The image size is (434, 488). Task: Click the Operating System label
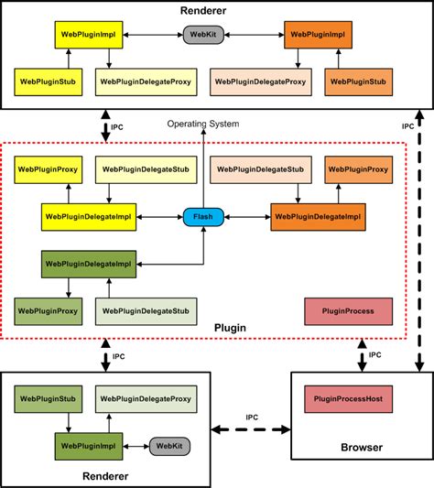point(203,124)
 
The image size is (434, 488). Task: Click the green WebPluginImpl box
point(89,446)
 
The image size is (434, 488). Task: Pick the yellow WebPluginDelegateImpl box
point(89,217)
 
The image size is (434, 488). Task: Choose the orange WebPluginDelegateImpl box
point(316,217)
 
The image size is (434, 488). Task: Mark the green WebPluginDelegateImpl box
point(89,264)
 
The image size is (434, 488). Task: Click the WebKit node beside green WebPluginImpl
point(169,446)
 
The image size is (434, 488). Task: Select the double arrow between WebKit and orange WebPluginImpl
point(251,35)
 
